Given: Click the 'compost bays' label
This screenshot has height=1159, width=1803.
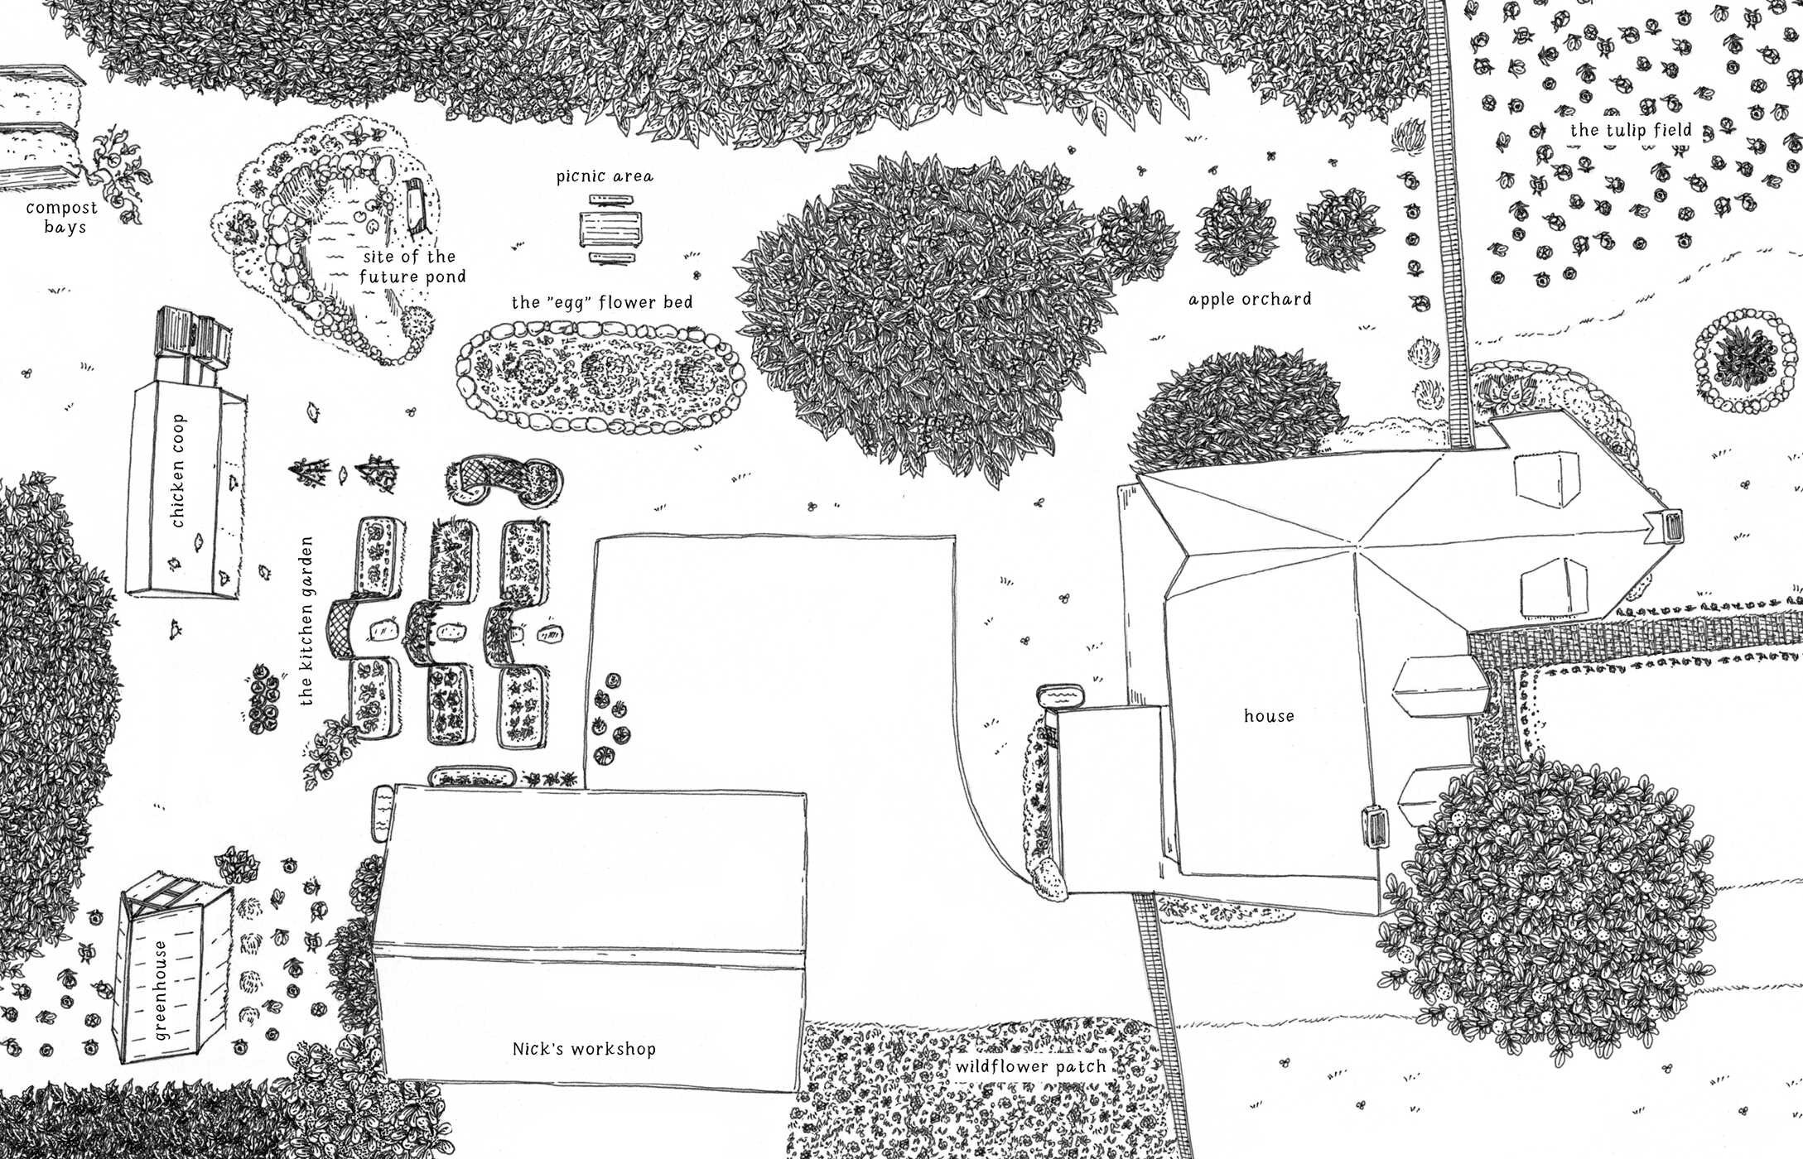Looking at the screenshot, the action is tap(62, 217).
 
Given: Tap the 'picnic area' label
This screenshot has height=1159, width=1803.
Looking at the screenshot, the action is tap(605, 176).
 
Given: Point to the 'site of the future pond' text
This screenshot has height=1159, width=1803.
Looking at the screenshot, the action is tap(412, 267).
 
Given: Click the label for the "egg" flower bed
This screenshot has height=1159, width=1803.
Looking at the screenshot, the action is tap(602, 302).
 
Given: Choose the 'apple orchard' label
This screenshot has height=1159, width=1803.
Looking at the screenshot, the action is tap(1250, 299).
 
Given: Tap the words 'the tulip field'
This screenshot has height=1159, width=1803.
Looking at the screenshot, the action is tap(1631, 130).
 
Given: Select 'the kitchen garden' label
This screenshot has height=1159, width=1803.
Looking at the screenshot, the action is tap(306, 621).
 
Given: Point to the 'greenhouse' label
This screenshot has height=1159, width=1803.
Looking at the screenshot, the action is tap(161, 990).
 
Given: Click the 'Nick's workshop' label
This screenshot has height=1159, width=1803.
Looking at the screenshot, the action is tap(584, 1049).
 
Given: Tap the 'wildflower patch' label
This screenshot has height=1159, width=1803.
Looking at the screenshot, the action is tap(1030, 1067).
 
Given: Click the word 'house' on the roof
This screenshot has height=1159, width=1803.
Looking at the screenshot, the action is tap(1269, 716).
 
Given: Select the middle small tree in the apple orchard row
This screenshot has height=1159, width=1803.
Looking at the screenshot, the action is tap(1236, 224).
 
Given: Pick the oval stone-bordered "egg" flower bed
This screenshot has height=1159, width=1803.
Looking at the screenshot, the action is tap(600, 378).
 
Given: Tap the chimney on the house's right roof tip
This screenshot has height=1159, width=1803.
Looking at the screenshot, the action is tap(1666, 526).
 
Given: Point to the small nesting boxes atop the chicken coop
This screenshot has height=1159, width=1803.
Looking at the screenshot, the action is tap(193, 341).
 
